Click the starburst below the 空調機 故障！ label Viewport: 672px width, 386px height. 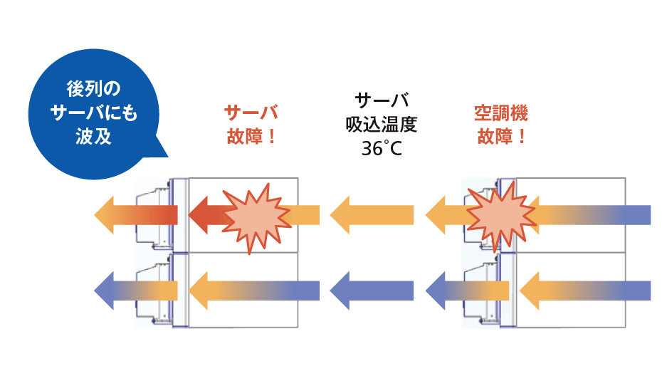pyautogui.click(x=500, y=213)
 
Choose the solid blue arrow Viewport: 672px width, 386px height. pyautogui.click(x=372, y=291)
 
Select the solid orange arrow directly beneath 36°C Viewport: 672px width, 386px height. pyautogui.click(x=372, y=214)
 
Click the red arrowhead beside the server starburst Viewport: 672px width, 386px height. pyautogui.click(x=202, y=214)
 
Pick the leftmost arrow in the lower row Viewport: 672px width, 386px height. pyautogui.click(x=135, y=291)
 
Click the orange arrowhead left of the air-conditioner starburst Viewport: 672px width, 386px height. pyautogui.click(x=442, y=214)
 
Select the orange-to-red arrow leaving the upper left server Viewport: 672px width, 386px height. pyautogui.click(x=135, y=214)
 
